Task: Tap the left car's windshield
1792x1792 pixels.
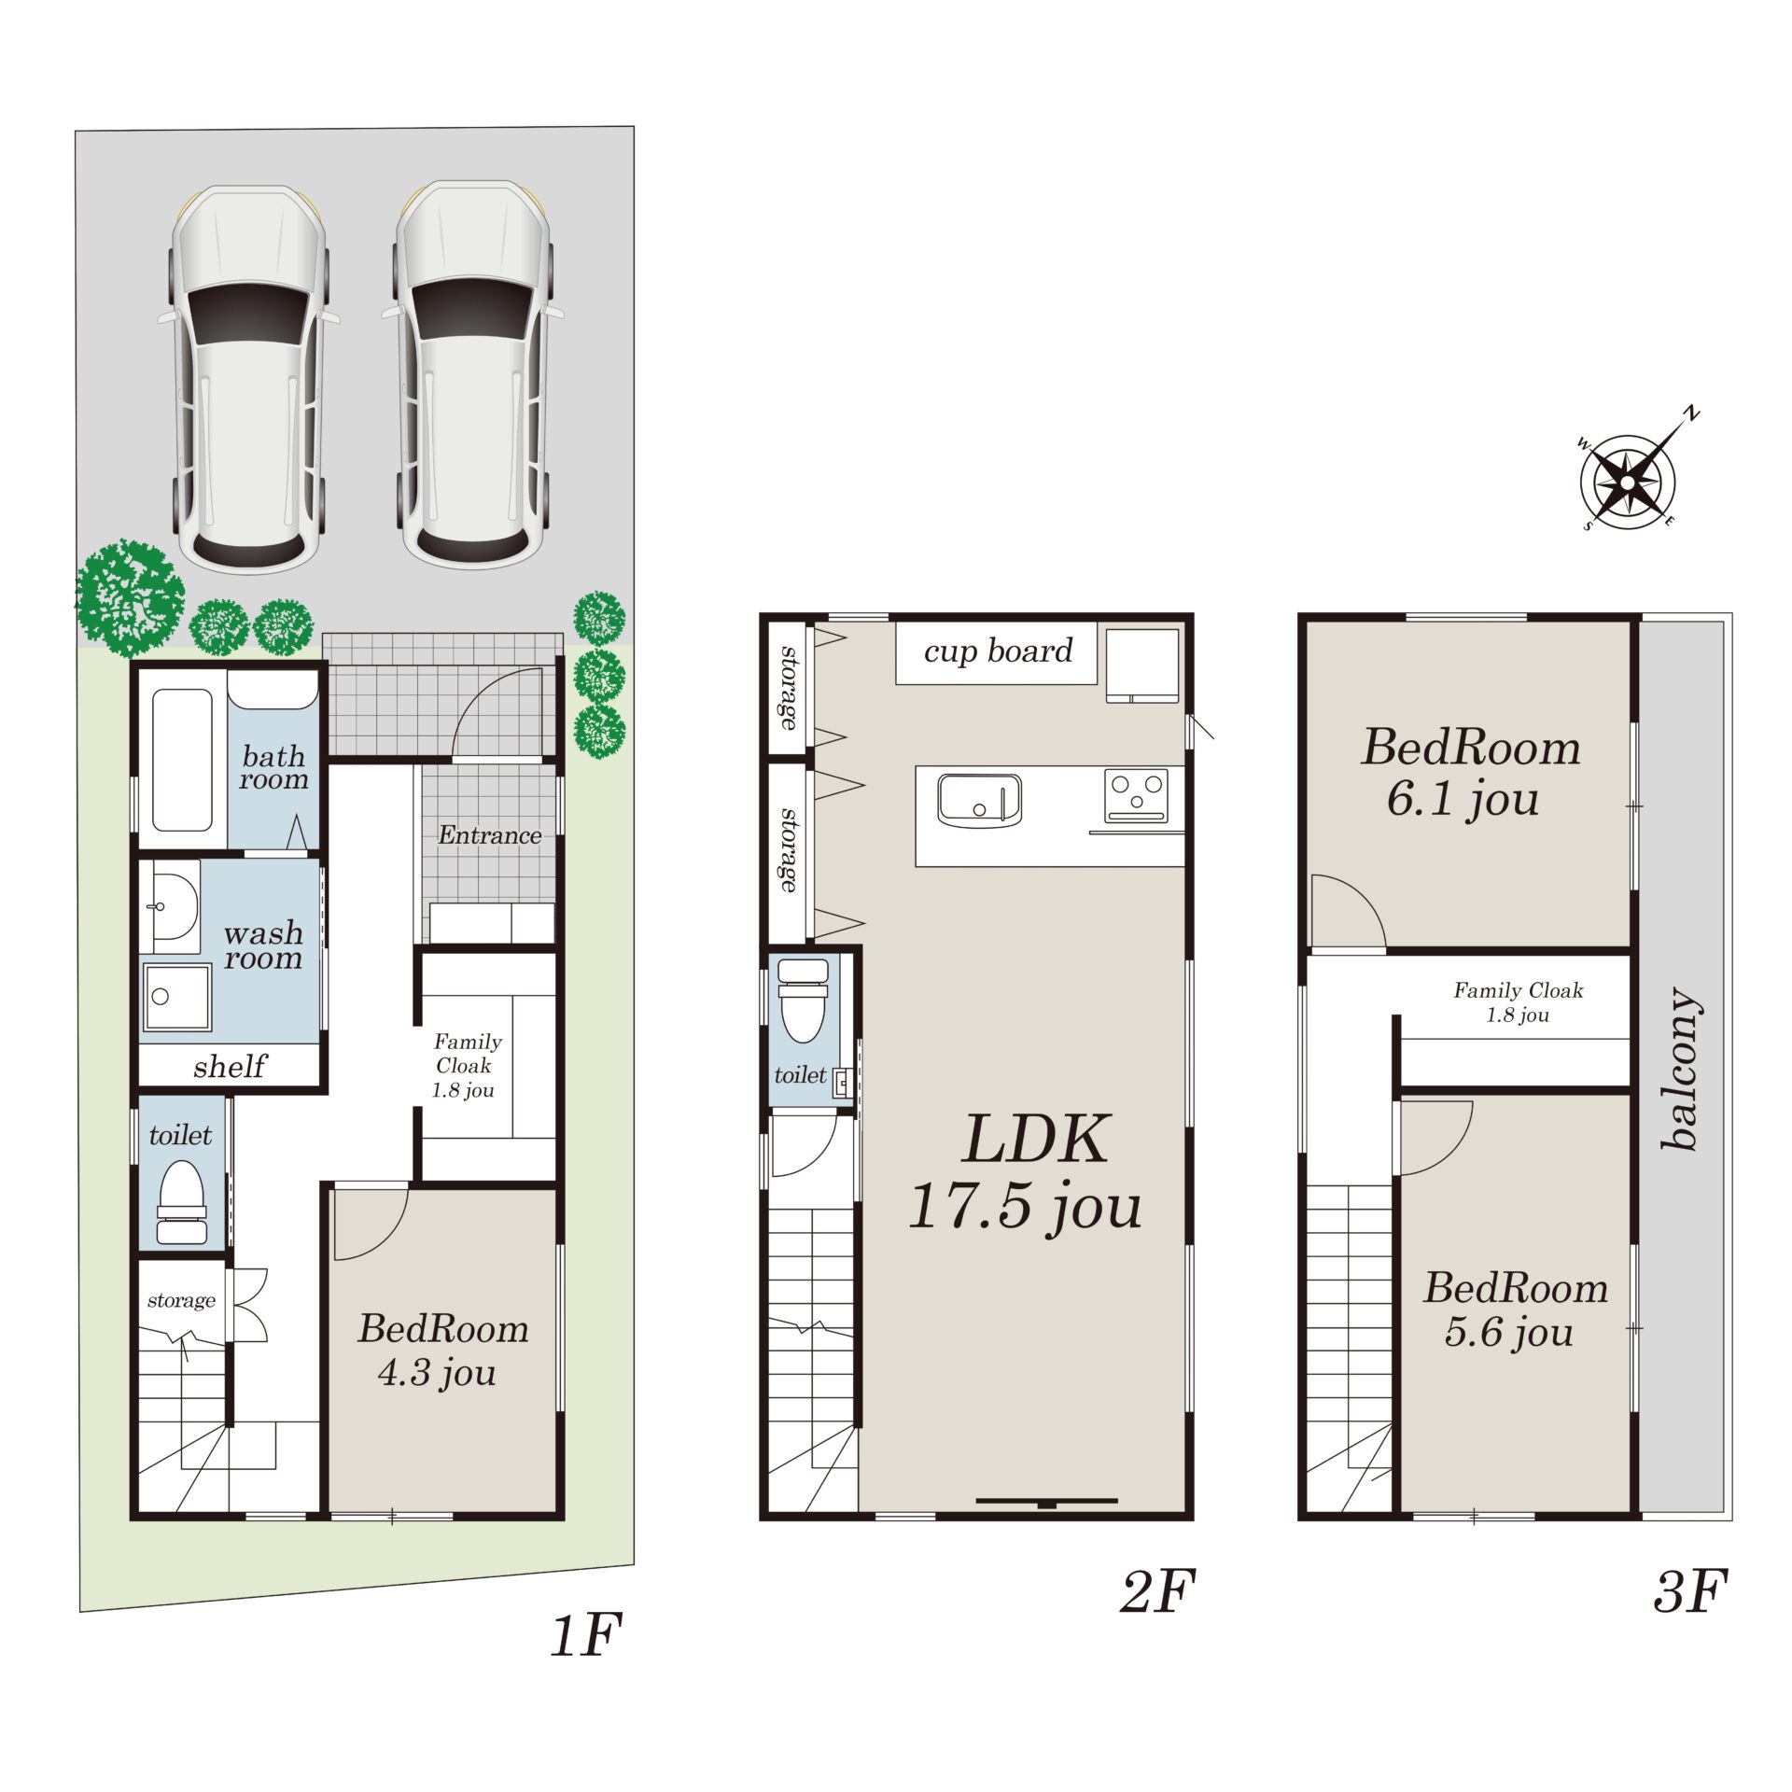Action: (x=248, y=315)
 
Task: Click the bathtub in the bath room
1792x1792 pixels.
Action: (x=182, y=760)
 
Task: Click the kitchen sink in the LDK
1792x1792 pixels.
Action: (x=979, y=800)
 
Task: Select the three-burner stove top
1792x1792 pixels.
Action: (x=1136, y=795)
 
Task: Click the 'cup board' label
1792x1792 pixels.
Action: (x=998, y=651)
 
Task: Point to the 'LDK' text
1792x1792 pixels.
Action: (x=1036, y=1140)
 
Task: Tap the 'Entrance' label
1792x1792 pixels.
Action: (x=489, y=835)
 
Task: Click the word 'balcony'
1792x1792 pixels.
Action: (x=1682, y=1069)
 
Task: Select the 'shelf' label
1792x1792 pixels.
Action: (x=230, y=1066)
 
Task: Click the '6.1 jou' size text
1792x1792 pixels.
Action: (x=1463, y=800)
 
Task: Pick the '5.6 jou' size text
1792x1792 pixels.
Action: (x=1509, y=1332)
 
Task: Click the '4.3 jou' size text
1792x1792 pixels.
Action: (x=437, y=1373)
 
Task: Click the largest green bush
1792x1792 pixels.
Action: (x=129, y=597)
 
